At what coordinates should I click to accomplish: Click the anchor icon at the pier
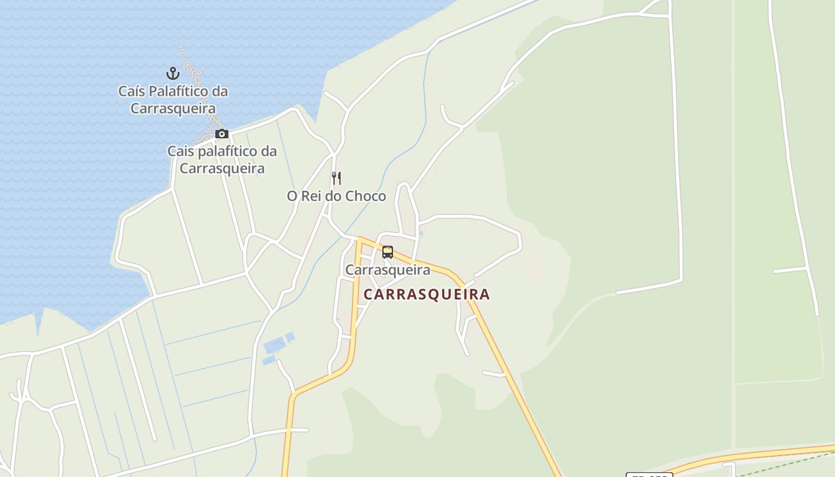click(x=172, y=73)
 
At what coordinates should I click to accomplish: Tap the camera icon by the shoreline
click(x=222, y=134)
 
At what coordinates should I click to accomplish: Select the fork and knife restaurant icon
click(x=336, y=178)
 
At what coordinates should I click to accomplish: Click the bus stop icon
click(x=388, y=252)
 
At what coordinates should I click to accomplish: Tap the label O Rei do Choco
click(x=336, y=196)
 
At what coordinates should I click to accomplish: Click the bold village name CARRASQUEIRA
click(x=426, y=295)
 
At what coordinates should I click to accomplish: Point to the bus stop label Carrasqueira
click(x=388, y=270)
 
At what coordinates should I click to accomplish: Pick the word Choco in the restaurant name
click(x=366, y=196)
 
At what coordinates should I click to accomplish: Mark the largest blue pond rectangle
click(x=274, y=346)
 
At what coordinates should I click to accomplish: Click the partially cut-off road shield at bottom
click(x=649, y=475)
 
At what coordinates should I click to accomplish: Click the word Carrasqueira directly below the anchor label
click(x=173, y=109)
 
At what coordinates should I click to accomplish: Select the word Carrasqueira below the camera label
click(x=222, y=169)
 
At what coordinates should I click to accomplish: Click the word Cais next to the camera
click(x=181, y=151)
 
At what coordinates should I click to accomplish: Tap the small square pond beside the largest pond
click(x=290, y=337)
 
